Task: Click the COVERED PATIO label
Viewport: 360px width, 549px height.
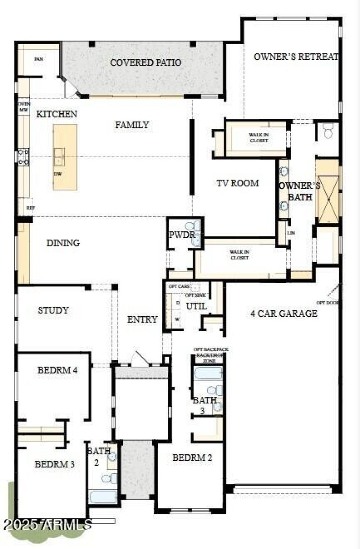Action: [x=146, y=62]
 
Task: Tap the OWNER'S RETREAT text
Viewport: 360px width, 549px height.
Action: [x=296, y=57]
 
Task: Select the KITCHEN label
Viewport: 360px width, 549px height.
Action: [x=57, y=114]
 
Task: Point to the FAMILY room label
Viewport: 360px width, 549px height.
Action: [x=132, y=125]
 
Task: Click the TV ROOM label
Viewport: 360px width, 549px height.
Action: [x=238, y=183]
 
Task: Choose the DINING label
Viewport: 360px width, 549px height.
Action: [x=63, y=243]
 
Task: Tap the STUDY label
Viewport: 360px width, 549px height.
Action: [x=53, y=310]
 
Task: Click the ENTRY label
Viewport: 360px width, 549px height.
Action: [x=142, y=319]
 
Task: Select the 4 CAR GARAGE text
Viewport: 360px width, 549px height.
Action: [x=284, y=313]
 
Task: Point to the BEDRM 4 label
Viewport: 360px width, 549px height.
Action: [x=58, y=371]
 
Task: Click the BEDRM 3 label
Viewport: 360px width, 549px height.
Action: [x=54, y=464]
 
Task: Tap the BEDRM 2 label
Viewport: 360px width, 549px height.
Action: [x=192, y=458]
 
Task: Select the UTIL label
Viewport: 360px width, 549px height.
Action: [x=197, y=306]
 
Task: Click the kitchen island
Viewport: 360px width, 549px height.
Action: [x=65, y=157]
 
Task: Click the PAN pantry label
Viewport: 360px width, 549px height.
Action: [x=39, y=59]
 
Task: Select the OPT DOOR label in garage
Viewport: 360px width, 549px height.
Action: [x=327, y=303]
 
